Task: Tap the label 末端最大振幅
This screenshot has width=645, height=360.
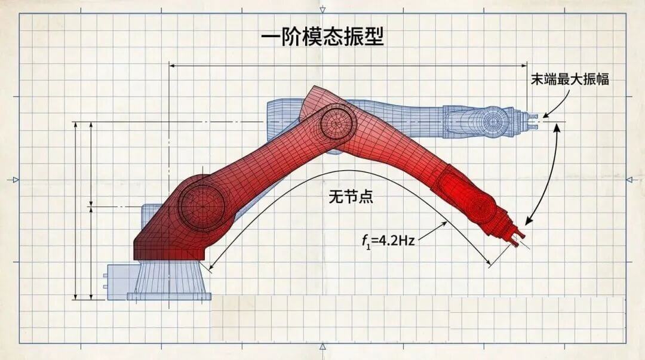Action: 570,79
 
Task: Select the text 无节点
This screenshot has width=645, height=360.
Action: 351,196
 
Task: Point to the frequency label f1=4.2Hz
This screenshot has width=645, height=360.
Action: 388,240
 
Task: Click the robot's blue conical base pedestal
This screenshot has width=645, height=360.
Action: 169,280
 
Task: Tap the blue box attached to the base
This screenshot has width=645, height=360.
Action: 120,281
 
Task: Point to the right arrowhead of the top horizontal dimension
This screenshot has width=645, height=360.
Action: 524,65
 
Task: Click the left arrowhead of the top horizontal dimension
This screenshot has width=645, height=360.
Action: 173,65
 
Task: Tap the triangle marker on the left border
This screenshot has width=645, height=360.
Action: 16,180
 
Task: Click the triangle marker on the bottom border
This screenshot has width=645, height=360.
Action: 322,347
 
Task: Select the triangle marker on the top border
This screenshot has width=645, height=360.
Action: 322,9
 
